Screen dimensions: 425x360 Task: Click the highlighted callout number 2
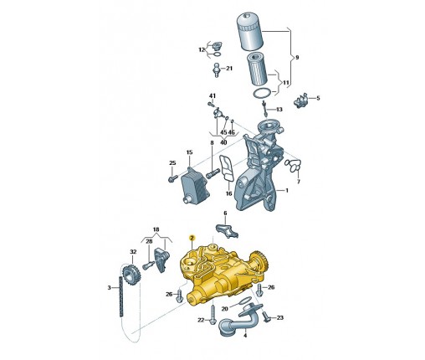(x=192, y=238)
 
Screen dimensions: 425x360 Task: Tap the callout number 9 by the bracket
(x=297, y=57)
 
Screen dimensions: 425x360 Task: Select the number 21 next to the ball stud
(x=229, y=68)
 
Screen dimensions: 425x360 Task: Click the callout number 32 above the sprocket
(x=133, y=251)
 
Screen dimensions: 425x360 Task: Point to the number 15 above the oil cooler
(x=189, y=152)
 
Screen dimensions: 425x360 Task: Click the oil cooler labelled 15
(x=193, y=186)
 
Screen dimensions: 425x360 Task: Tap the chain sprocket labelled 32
(x=131, y=275)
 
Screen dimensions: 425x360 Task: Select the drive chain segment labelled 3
(x=121, y=296)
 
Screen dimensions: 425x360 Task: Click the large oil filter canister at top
(x=250, y=33)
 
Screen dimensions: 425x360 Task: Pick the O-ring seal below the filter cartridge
(x=262, y=93)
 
